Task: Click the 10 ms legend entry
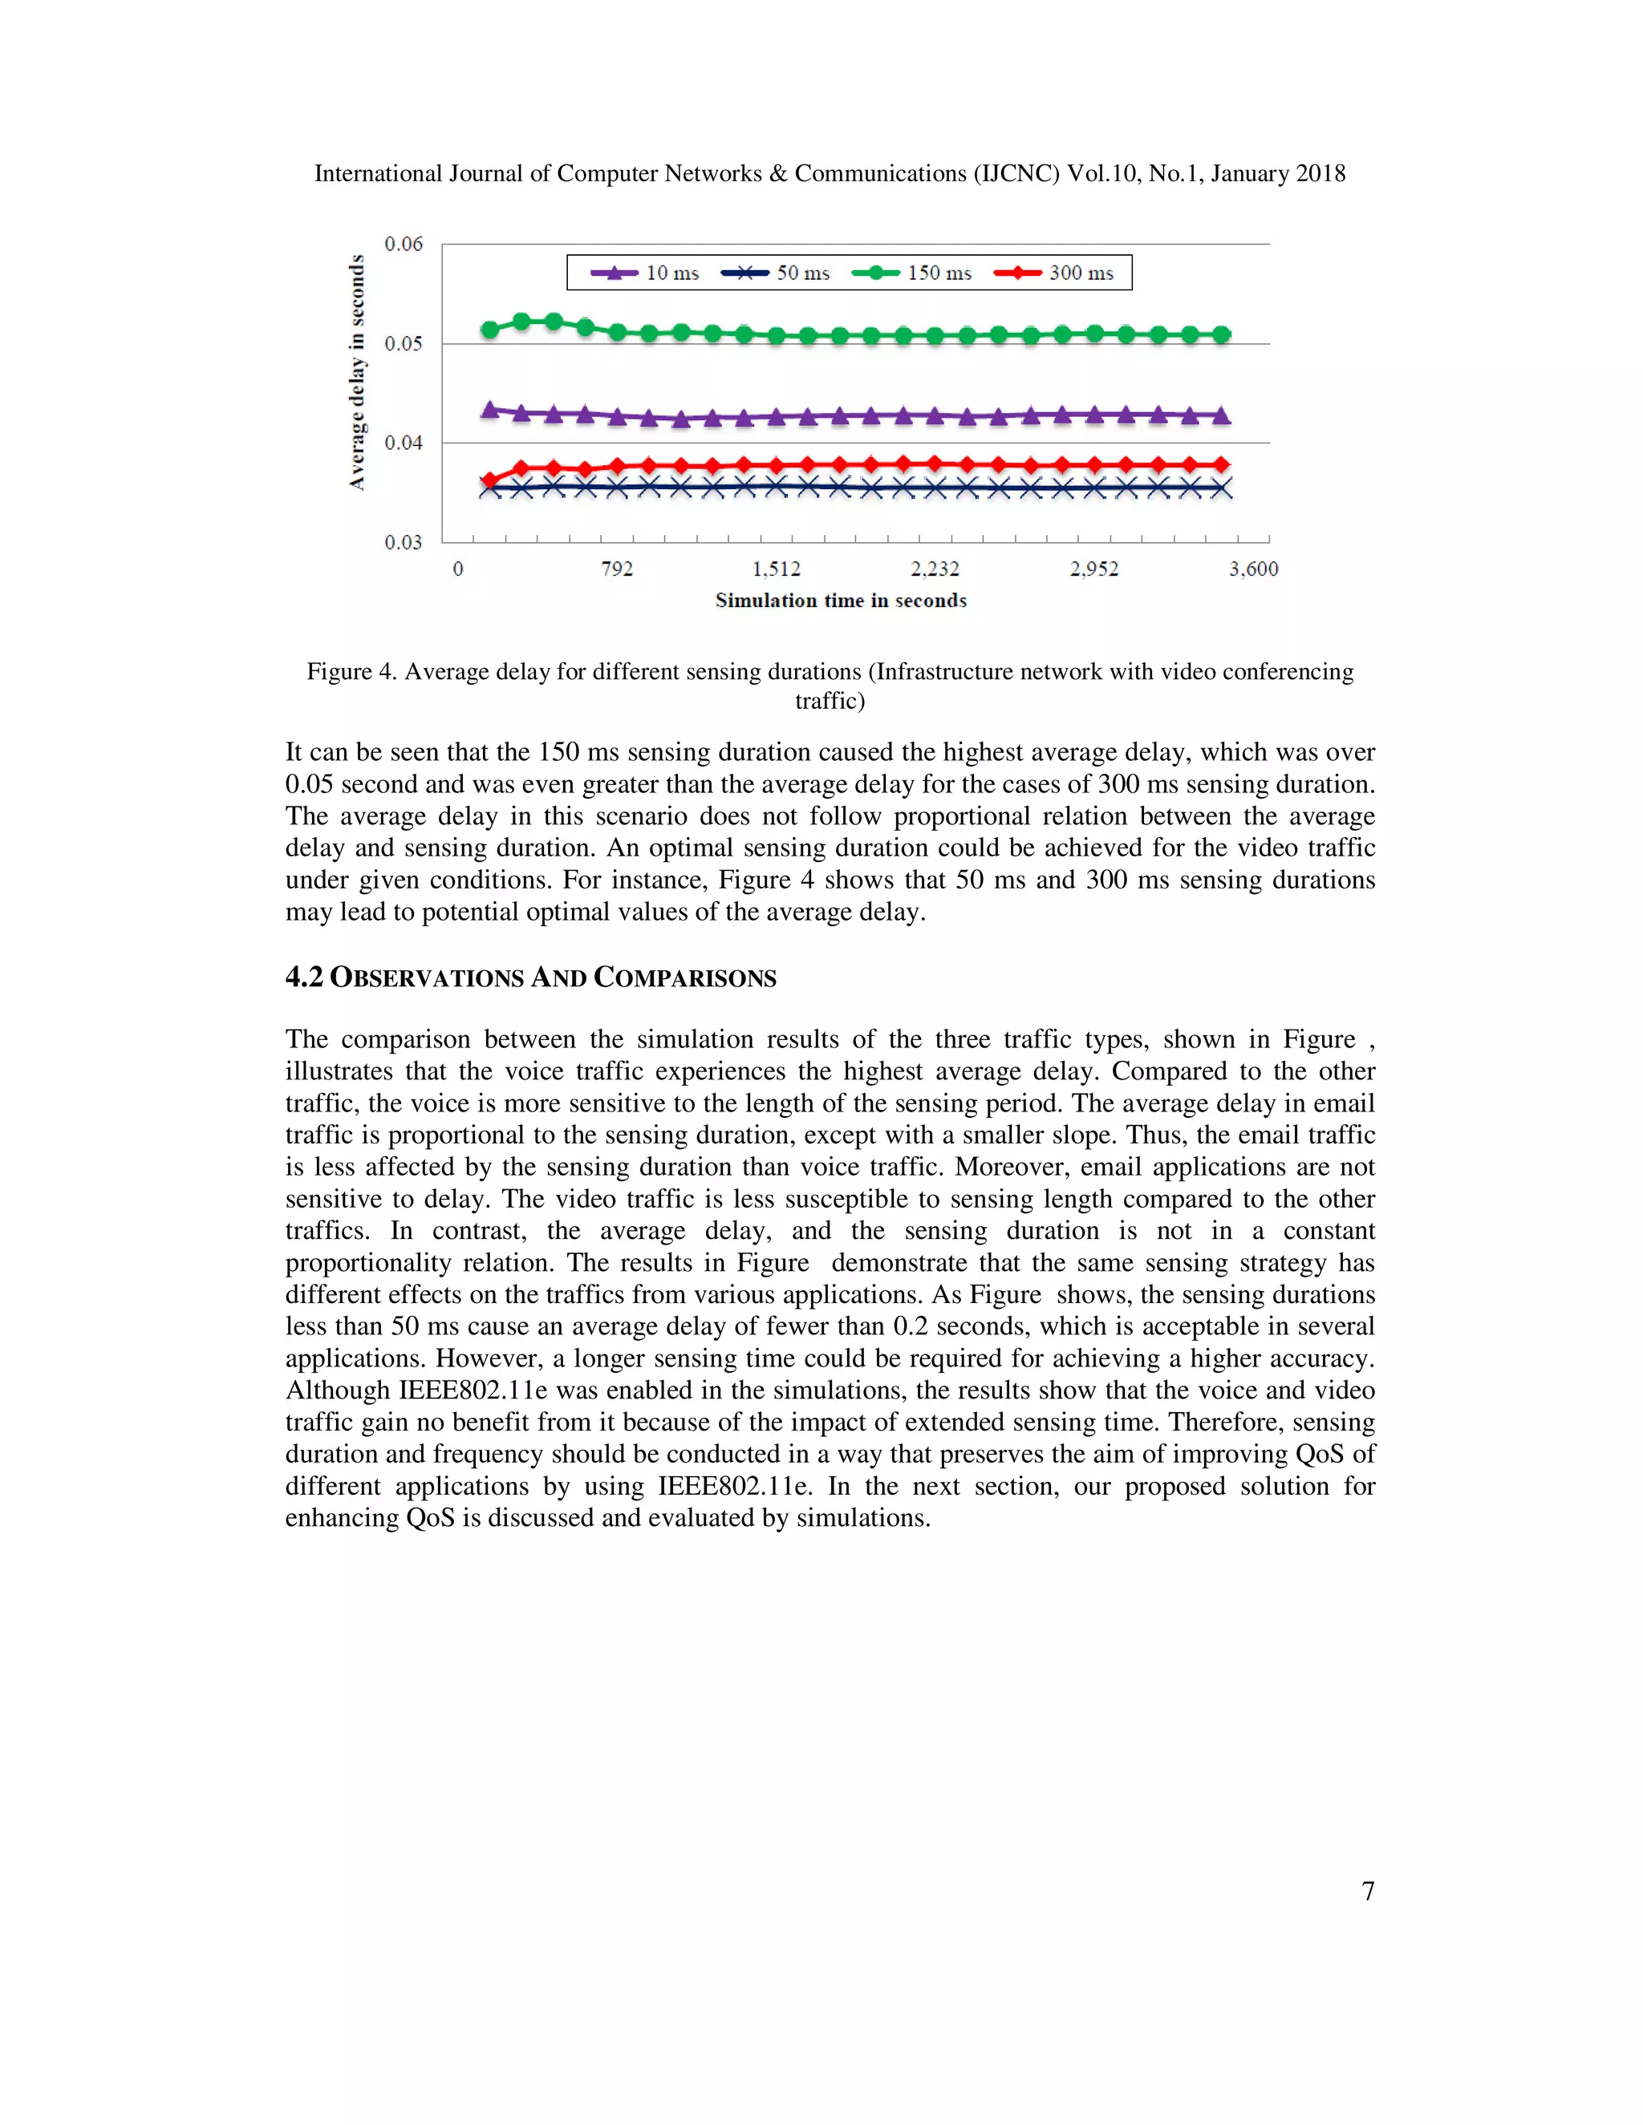[x=645, y=273]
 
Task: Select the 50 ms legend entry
[x=776, y=273]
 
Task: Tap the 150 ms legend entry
[x=912, y=273]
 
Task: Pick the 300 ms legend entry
[x=1054, y=273]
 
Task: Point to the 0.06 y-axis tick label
[x=403, y=245]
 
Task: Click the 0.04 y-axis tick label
[x=403, y=443]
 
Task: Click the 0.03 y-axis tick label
[x=403, y=543]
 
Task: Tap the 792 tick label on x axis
[x=617, y=569]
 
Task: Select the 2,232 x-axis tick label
[x=935, y=569]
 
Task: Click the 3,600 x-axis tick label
[x=1252, y=569]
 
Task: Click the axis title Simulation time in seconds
[x=841, y=601]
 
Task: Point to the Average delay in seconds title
[x=357, y=373]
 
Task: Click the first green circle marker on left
[x=490, y=330]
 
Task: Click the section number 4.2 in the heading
[x=304, y=977]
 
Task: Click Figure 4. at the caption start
[x=351, y=672]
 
